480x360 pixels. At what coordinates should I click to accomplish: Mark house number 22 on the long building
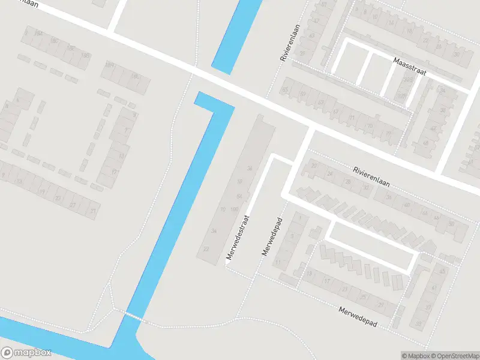(206, 249)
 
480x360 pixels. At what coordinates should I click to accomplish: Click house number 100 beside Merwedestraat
(234, 209)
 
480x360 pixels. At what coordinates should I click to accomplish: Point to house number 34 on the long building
(212, 230)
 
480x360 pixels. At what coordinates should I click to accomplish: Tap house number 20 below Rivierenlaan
(313, 165)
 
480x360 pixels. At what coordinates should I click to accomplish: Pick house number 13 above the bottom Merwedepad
(310, 274)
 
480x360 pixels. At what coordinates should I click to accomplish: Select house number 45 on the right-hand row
(443, 271)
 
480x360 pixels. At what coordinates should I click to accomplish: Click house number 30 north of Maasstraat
(456, 55)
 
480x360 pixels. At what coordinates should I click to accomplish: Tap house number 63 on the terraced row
(311, 35)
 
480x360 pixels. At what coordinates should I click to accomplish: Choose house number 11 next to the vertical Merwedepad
(277, 263)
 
